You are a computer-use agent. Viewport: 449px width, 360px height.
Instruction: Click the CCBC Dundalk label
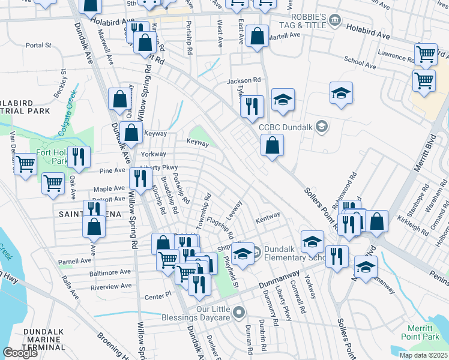[x=286, y=127]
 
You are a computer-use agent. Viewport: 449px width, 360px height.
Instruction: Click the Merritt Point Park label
[x=420, y=333]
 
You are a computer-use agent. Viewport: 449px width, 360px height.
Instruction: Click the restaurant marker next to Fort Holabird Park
[x=79, y=157]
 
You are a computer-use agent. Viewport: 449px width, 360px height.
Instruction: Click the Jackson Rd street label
[x=244, y=80]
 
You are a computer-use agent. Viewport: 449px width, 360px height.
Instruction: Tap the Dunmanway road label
[x=279, y=278]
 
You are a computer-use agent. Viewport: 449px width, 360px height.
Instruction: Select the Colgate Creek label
[x=68, y=103]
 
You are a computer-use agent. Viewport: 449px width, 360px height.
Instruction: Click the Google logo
[x=20, y=353]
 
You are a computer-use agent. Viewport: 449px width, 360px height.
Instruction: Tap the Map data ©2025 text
[x=423, y=355]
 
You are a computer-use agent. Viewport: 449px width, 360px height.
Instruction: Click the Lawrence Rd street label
[x=396, y=53]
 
